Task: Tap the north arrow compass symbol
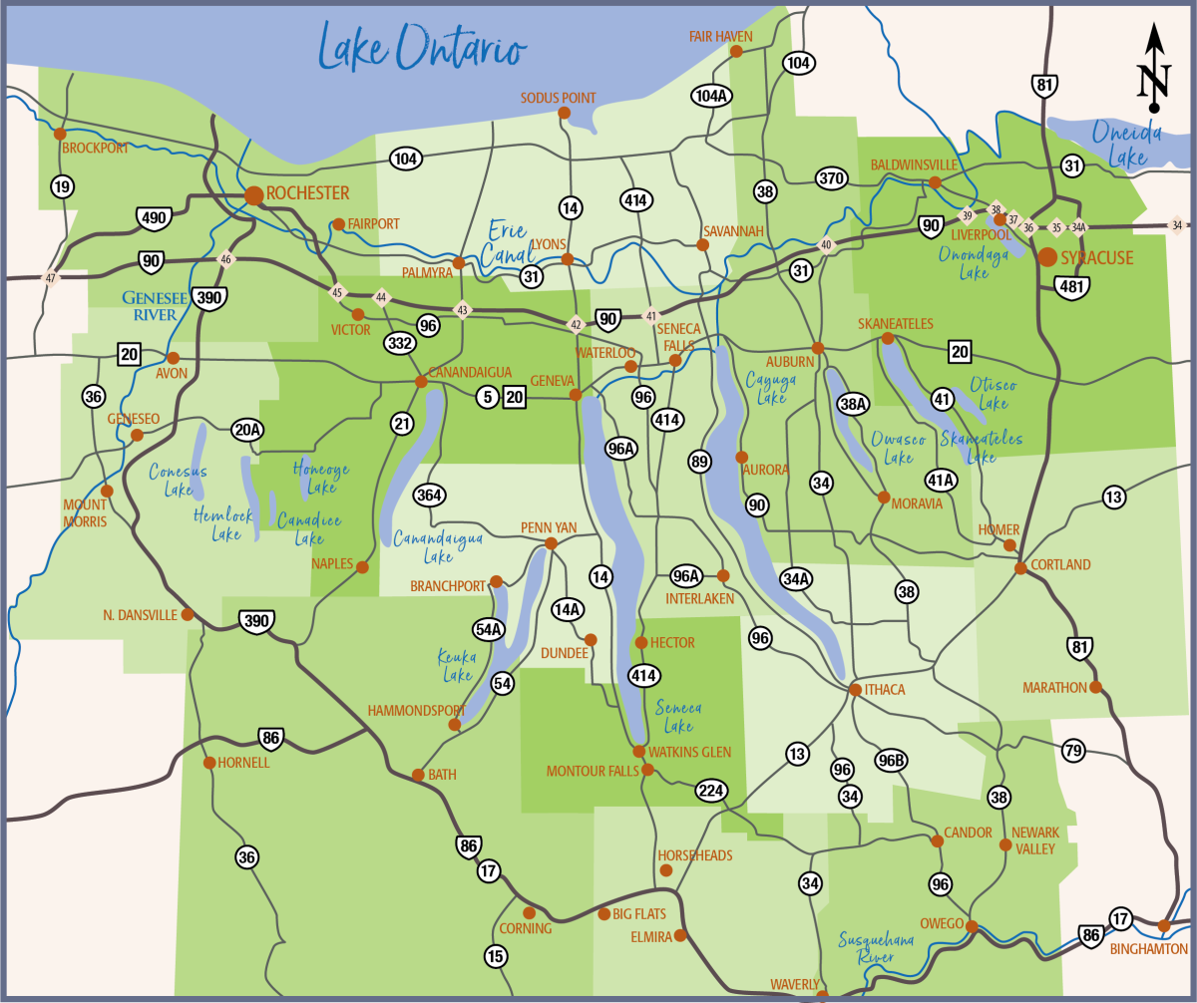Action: pyautogui.click(x=1153, y=68)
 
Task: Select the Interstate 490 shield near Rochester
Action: pyautogui.click(x=154, y=217)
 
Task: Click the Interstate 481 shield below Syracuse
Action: pyautogui.click(x=1071, y=287)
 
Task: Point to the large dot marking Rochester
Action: pyautogui.click(x=253, y=194)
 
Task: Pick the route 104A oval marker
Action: pyautogui.click(x=711, y=96)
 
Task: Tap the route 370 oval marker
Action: pyautogui.click(x=830, y=179)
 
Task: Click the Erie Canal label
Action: pyautogui.click(x=508, y=244)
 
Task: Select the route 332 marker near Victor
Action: pyautogui.click(x=399, y=343)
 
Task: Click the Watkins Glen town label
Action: pyautogui.click(x=689, y=752)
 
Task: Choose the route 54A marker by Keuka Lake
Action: pyautogui.click(x=489, y=628)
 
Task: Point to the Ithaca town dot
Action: pyautogui.click(x=855, y=689)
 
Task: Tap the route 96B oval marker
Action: pyautogui.click(x=892, y=761)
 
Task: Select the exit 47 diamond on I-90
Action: pyautogui.click(x=51, y=278)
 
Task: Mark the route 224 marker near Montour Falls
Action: pyautogui.click(x=711, y=791)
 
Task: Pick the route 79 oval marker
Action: pyautogui.click(x=1072, y=751)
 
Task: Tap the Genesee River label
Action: pyautogui.click(x=149, y=306)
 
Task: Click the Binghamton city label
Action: pyautogui.click(x=1149, y=949)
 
